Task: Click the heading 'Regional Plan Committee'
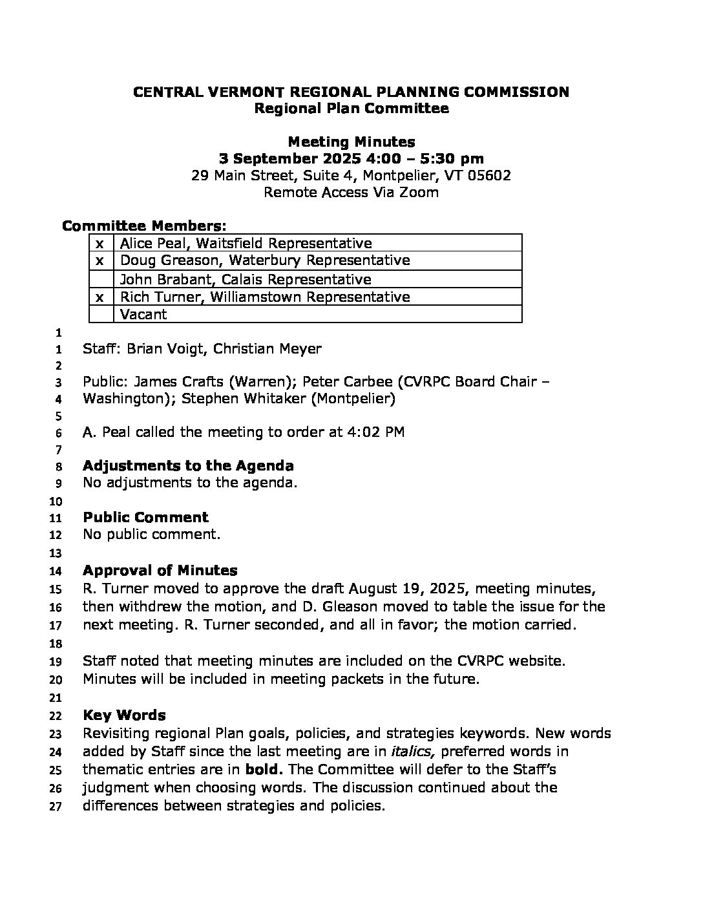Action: coord(351,109)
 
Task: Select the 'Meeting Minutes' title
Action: coord(351,142)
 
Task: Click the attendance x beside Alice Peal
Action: coord(100,244)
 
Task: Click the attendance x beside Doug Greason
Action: coord(100,260)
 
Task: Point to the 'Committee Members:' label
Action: coord(144,226)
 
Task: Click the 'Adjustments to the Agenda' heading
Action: coord(188,466)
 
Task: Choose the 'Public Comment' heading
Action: coord(145,517)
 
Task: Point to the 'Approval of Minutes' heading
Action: coord(160,571)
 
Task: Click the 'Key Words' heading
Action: coord(124,715)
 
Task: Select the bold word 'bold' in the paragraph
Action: coord(265,770)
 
